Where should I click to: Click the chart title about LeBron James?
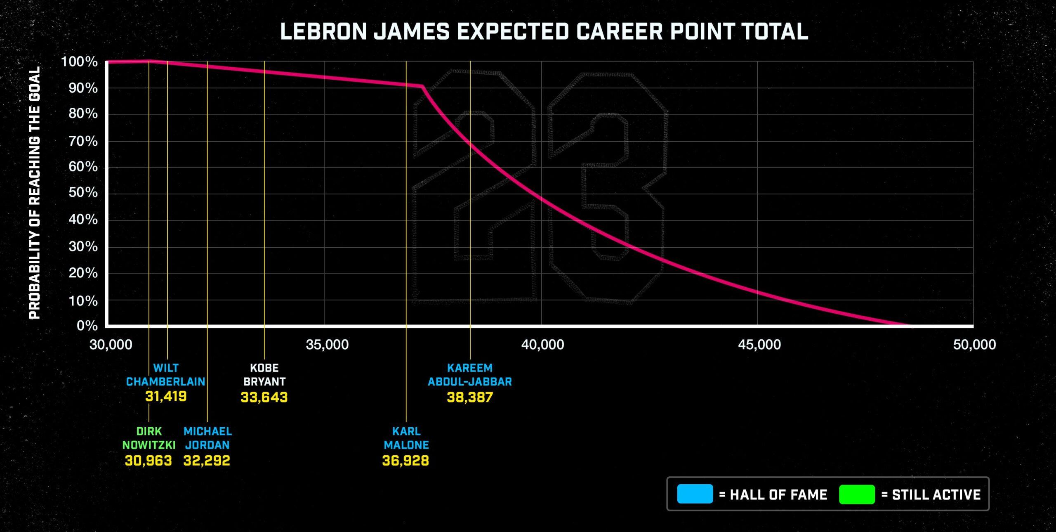[x=544, y=31]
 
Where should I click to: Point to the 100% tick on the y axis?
[x=79, y=62]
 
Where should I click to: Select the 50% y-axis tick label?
[x=83, y=193]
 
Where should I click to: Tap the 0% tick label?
[x=87, y=326]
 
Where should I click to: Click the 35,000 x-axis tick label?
[x=327, y=344]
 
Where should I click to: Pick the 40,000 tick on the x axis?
[x=542, y=344]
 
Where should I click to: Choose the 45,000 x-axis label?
[x=759, y=344]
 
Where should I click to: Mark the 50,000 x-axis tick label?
[x=974, y=344]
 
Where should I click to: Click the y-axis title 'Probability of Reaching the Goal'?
[x=35, y=193]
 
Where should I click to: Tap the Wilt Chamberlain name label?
[x=165, y=374]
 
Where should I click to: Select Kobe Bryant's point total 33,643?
[x=264, y=397]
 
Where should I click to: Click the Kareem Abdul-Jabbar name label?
[x=470, y=374]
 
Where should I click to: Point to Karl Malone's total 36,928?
[x=405, y=461]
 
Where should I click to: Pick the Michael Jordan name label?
[x=207, y=438]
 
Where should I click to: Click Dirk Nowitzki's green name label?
[x=149, y=438]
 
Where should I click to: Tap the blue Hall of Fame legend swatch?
[x=695, y=494]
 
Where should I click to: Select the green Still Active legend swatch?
[x=857, y=494]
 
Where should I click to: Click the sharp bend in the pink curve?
[x=423, y=86]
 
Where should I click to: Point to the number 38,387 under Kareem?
[x=470, y=397]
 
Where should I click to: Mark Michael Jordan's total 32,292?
[x=207, y=461]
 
